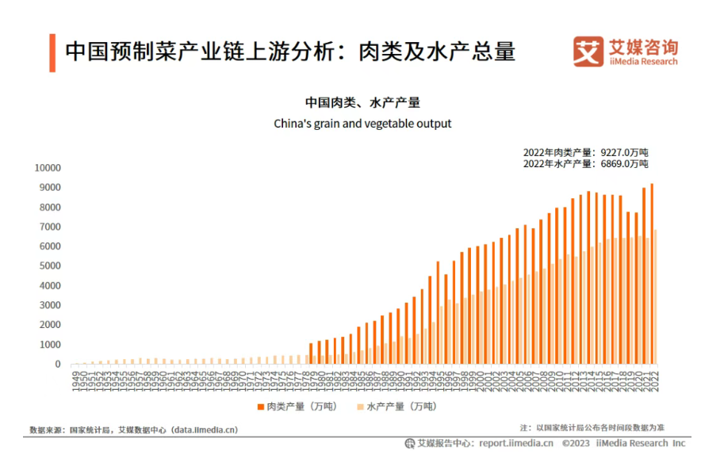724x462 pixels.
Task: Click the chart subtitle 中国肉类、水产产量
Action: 362,102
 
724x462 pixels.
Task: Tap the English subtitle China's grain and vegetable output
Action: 362,124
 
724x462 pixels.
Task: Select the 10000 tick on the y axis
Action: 47,168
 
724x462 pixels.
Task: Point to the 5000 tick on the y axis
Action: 49,266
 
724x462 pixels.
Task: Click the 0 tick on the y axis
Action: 57,365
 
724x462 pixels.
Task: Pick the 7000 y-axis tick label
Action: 49,227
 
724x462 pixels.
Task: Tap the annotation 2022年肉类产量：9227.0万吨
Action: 585,152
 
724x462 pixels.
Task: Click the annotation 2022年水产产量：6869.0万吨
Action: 585,164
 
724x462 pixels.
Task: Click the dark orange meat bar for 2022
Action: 652,274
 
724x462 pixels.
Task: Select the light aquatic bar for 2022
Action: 656,297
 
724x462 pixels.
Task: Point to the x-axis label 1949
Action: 75,378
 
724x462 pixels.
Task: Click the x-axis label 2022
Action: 654,378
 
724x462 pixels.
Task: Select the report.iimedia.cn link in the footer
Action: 515,444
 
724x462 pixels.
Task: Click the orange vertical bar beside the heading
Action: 52,53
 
